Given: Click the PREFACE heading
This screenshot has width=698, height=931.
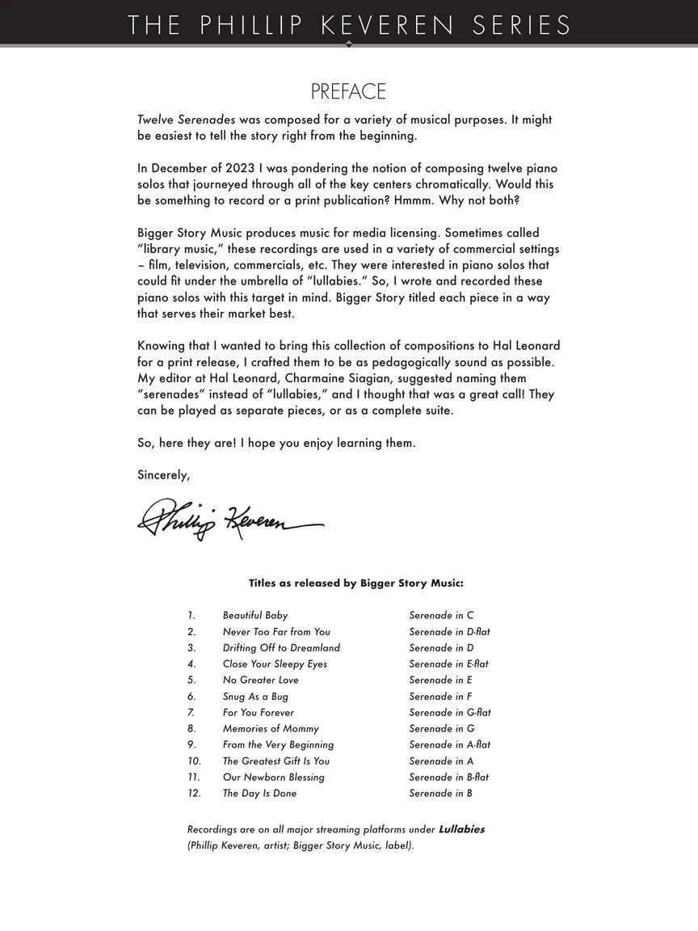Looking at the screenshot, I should tap(348, 91).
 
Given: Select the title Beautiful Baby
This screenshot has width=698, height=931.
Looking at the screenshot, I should tap(255, 615).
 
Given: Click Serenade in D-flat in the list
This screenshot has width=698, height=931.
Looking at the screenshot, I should tap(449, 631).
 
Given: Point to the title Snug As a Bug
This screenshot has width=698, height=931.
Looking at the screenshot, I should tap(255, 696).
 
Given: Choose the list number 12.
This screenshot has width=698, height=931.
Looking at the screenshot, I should tap(194, 793).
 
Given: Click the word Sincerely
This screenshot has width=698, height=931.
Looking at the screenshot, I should tap(163, 475).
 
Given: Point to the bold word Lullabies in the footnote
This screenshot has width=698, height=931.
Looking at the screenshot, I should tap(461, 829).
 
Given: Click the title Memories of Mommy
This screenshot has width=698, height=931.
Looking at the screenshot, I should tap(271, 728).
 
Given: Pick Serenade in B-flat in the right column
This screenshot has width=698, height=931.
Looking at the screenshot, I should tap(448, 777).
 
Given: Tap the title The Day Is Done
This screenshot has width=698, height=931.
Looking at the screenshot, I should tap(259, 793).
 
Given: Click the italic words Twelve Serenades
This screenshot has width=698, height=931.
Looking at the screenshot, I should tap(186, 120).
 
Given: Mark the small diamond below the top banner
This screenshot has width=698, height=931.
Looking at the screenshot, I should tap(349, 44).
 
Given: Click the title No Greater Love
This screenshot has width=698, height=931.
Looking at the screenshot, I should tap(260, 680).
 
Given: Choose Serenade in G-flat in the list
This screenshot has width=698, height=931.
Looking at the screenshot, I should tap(450, 712).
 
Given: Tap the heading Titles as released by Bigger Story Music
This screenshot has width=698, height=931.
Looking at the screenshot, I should tap(355, 583).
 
